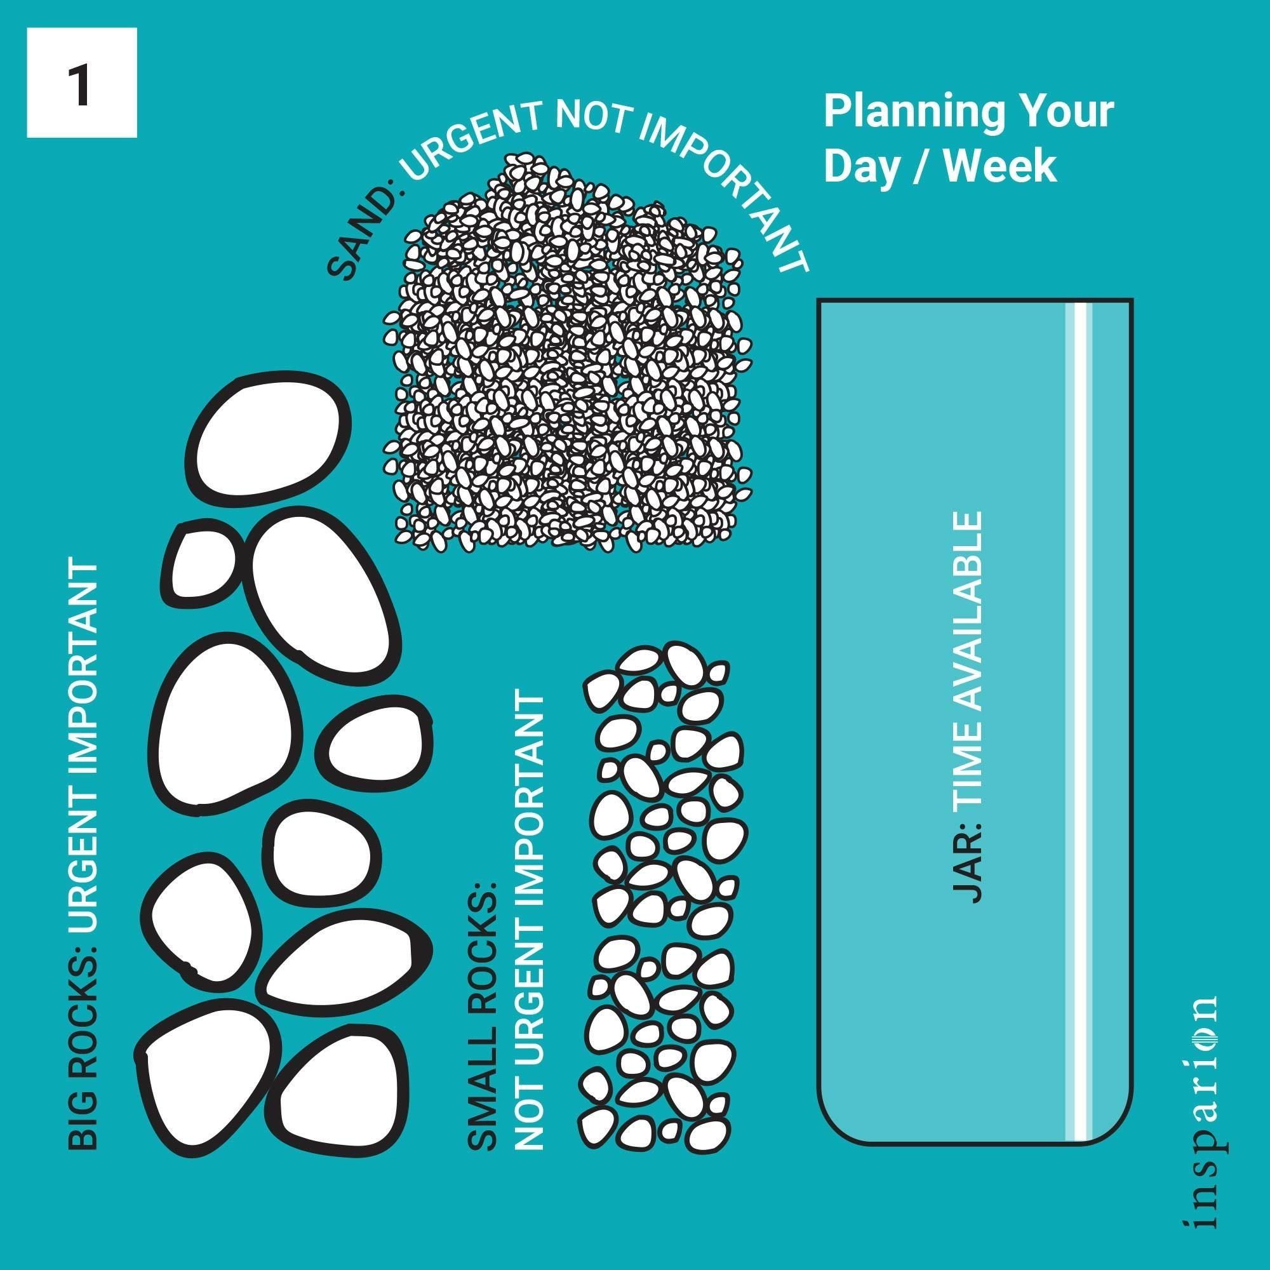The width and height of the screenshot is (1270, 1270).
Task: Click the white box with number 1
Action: [81, 83]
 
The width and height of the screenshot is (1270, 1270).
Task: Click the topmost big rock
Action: [269, 441]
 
